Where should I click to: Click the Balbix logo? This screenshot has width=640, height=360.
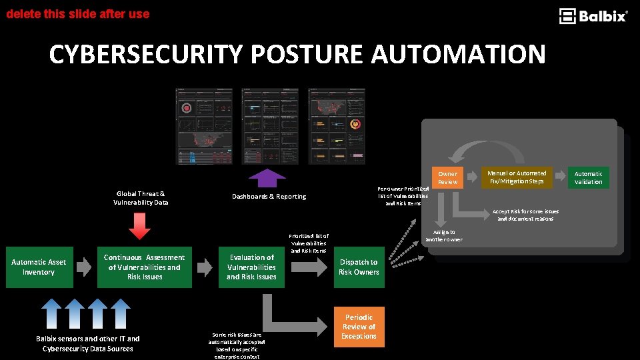coord(593,16)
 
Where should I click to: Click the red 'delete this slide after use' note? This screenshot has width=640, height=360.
coord(77,13)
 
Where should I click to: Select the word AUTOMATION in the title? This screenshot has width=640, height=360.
coord(458,55)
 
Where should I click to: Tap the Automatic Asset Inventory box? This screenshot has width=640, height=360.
coord(39,267)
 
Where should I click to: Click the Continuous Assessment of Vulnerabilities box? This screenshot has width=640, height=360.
coord(144,267)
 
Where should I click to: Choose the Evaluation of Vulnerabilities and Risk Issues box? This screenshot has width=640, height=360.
coord(251,267)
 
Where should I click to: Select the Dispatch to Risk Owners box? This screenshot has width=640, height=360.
coord(359,267)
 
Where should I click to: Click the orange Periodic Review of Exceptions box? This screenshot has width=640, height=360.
coord(359,327)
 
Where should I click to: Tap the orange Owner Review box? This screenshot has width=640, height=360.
coord(447,178)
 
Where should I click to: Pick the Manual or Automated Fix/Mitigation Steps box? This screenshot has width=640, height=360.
coord(517,177)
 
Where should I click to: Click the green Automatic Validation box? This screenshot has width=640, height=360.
coord(588,178)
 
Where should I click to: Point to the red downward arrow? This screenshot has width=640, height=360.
coord(139,225)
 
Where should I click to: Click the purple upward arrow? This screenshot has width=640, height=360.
coord(267,178)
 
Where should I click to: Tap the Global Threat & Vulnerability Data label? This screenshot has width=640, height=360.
coord(141,198)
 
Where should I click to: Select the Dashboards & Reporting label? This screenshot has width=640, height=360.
coord(269,197)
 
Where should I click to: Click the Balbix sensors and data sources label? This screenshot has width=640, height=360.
coord(87,343)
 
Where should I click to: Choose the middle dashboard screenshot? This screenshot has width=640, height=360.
coord(270,126)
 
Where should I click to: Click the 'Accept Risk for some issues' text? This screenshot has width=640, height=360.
coord(525,215)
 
